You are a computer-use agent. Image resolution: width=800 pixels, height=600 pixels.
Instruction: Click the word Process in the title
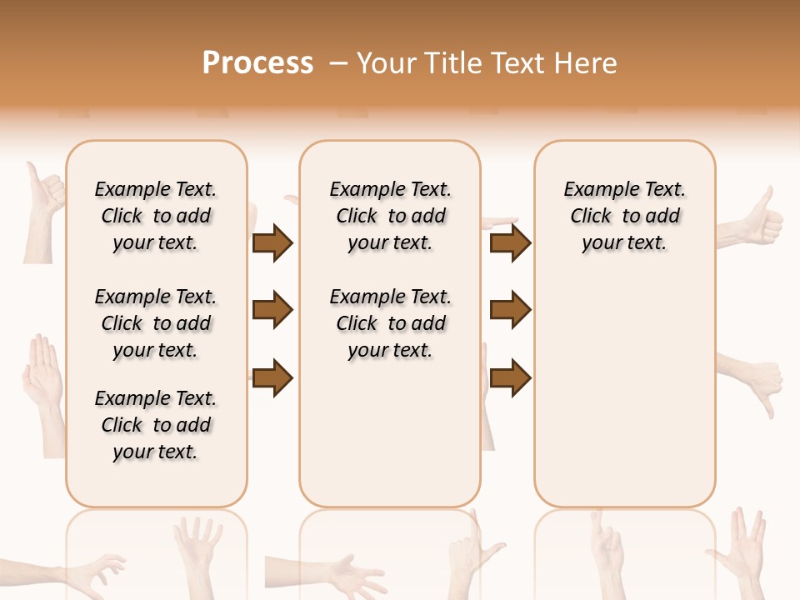tap(257, 63)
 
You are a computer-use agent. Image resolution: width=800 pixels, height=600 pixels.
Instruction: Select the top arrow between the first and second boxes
tap(272, 242)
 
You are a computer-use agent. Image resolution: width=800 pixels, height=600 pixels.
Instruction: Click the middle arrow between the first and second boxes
tap(272, 311)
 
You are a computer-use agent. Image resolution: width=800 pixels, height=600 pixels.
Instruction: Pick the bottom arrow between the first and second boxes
tap(272, 377)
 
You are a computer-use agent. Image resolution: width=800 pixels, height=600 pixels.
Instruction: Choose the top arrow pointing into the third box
tap(510, 242)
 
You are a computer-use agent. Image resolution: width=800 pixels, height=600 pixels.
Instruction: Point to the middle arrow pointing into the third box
tap(510, 311)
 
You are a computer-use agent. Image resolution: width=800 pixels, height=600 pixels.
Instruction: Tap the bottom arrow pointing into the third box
tap(510, 377)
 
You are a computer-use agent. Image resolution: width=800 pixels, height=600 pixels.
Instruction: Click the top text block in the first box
tap(156, 216)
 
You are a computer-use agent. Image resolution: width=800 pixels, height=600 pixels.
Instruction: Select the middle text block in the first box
tap(156, 323)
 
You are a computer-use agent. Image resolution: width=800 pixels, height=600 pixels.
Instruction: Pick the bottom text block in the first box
tap(156, 425)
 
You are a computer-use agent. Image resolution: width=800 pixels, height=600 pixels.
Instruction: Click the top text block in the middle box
tap(390, 216)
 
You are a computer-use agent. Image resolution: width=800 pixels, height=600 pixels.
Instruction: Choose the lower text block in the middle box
tap(390, 323)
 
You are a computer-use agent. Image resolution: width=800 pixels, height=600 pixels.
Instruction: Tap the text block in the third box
tap(625, 216)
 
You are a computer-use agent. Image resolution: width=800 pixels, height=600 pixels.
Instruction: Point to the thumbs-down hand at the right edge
tap(754, 379)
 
